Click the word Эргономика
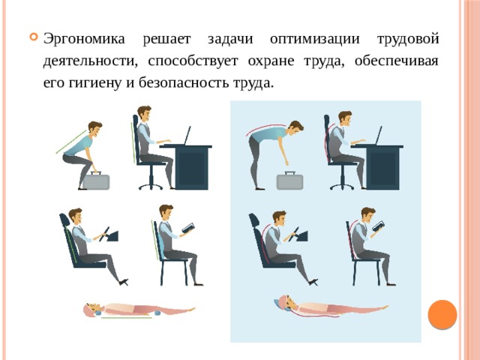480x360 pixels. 84,40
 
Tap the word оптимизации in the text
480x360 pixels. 315,40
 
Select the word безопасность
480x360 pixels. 183,82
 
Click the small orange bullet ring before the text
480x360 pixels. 33,37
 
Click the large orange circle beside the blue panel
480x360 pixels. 442,314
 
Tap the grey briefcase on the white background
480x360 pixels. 96,181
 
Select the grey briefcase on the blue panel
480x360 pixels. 289,181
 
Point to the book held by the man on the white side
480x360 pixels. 188,228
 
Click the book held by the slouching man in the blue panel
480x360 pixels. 379,226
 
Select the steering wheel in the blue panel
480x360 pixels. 293,234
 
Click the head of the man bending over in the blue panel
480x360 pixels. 295,128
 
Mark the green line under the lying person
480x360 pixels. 127,318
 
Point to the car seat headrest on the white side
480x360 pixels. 64,220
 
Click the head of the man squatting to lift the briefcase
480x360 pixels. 94,129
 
